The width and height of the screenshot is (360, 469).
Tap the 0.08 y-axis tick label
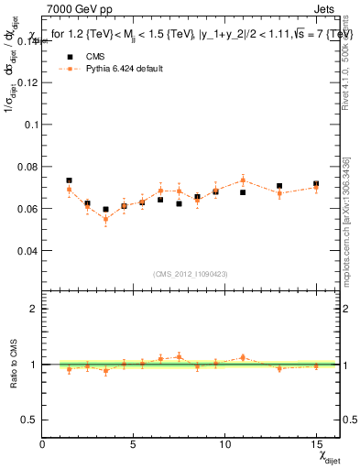(26, 166)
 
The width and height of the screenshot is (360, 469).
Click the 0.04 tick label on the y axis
(26, 250)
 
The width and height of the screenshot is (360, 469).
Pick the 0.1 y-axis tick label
(29, 124)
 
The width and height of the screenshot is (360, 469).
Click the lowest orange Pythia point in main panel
(105, 219)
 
